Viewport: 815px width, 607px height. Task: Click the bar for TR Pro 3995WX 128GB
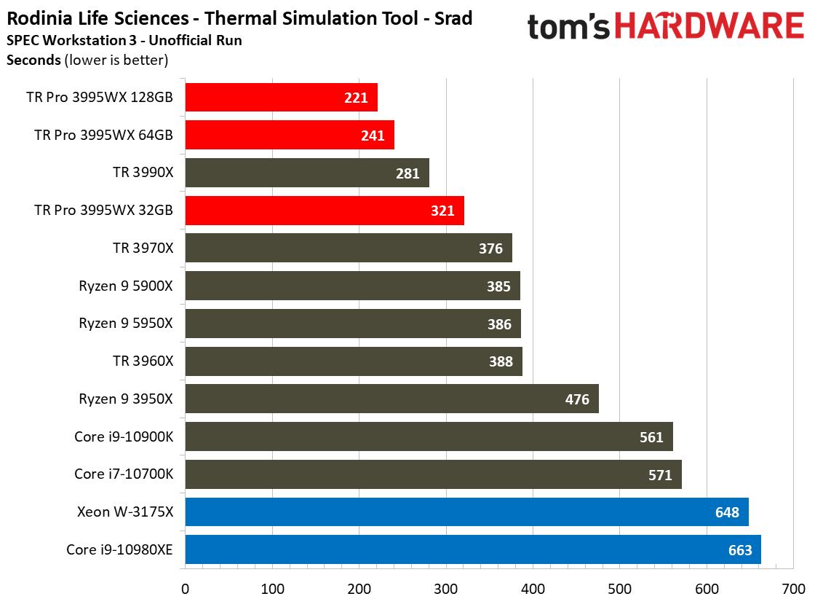point(281,98)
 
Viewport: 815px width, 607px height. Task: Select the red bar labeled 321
point(325,211)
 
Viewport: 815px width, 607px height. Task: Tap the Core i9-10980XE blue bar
point(473,550)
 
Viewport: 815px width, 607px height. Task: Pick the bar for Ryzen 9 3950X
point(391,399)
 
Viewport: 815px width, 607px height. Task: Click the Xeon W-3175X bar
point(466,512)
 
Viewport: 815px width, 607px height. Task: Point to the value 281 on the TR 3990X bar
point(408,173)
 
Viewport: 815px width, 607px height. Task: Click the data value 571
point(661,475)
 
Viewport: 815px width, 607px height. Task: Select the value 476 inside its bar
point(578,399)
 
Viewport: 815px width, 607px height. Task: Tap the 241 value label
point(373,136)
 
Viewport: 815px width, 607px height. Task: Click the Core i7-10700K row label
point(124,474)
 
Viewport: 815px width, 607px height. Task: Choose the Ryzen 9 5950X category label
point(126,324)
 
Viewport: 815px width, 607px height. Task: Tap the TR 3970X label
point(143,248)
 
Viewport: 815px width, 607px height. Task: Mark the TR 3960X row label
point(143,361)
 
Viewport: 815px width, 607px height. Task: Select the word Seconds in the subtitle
point(33,60)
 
